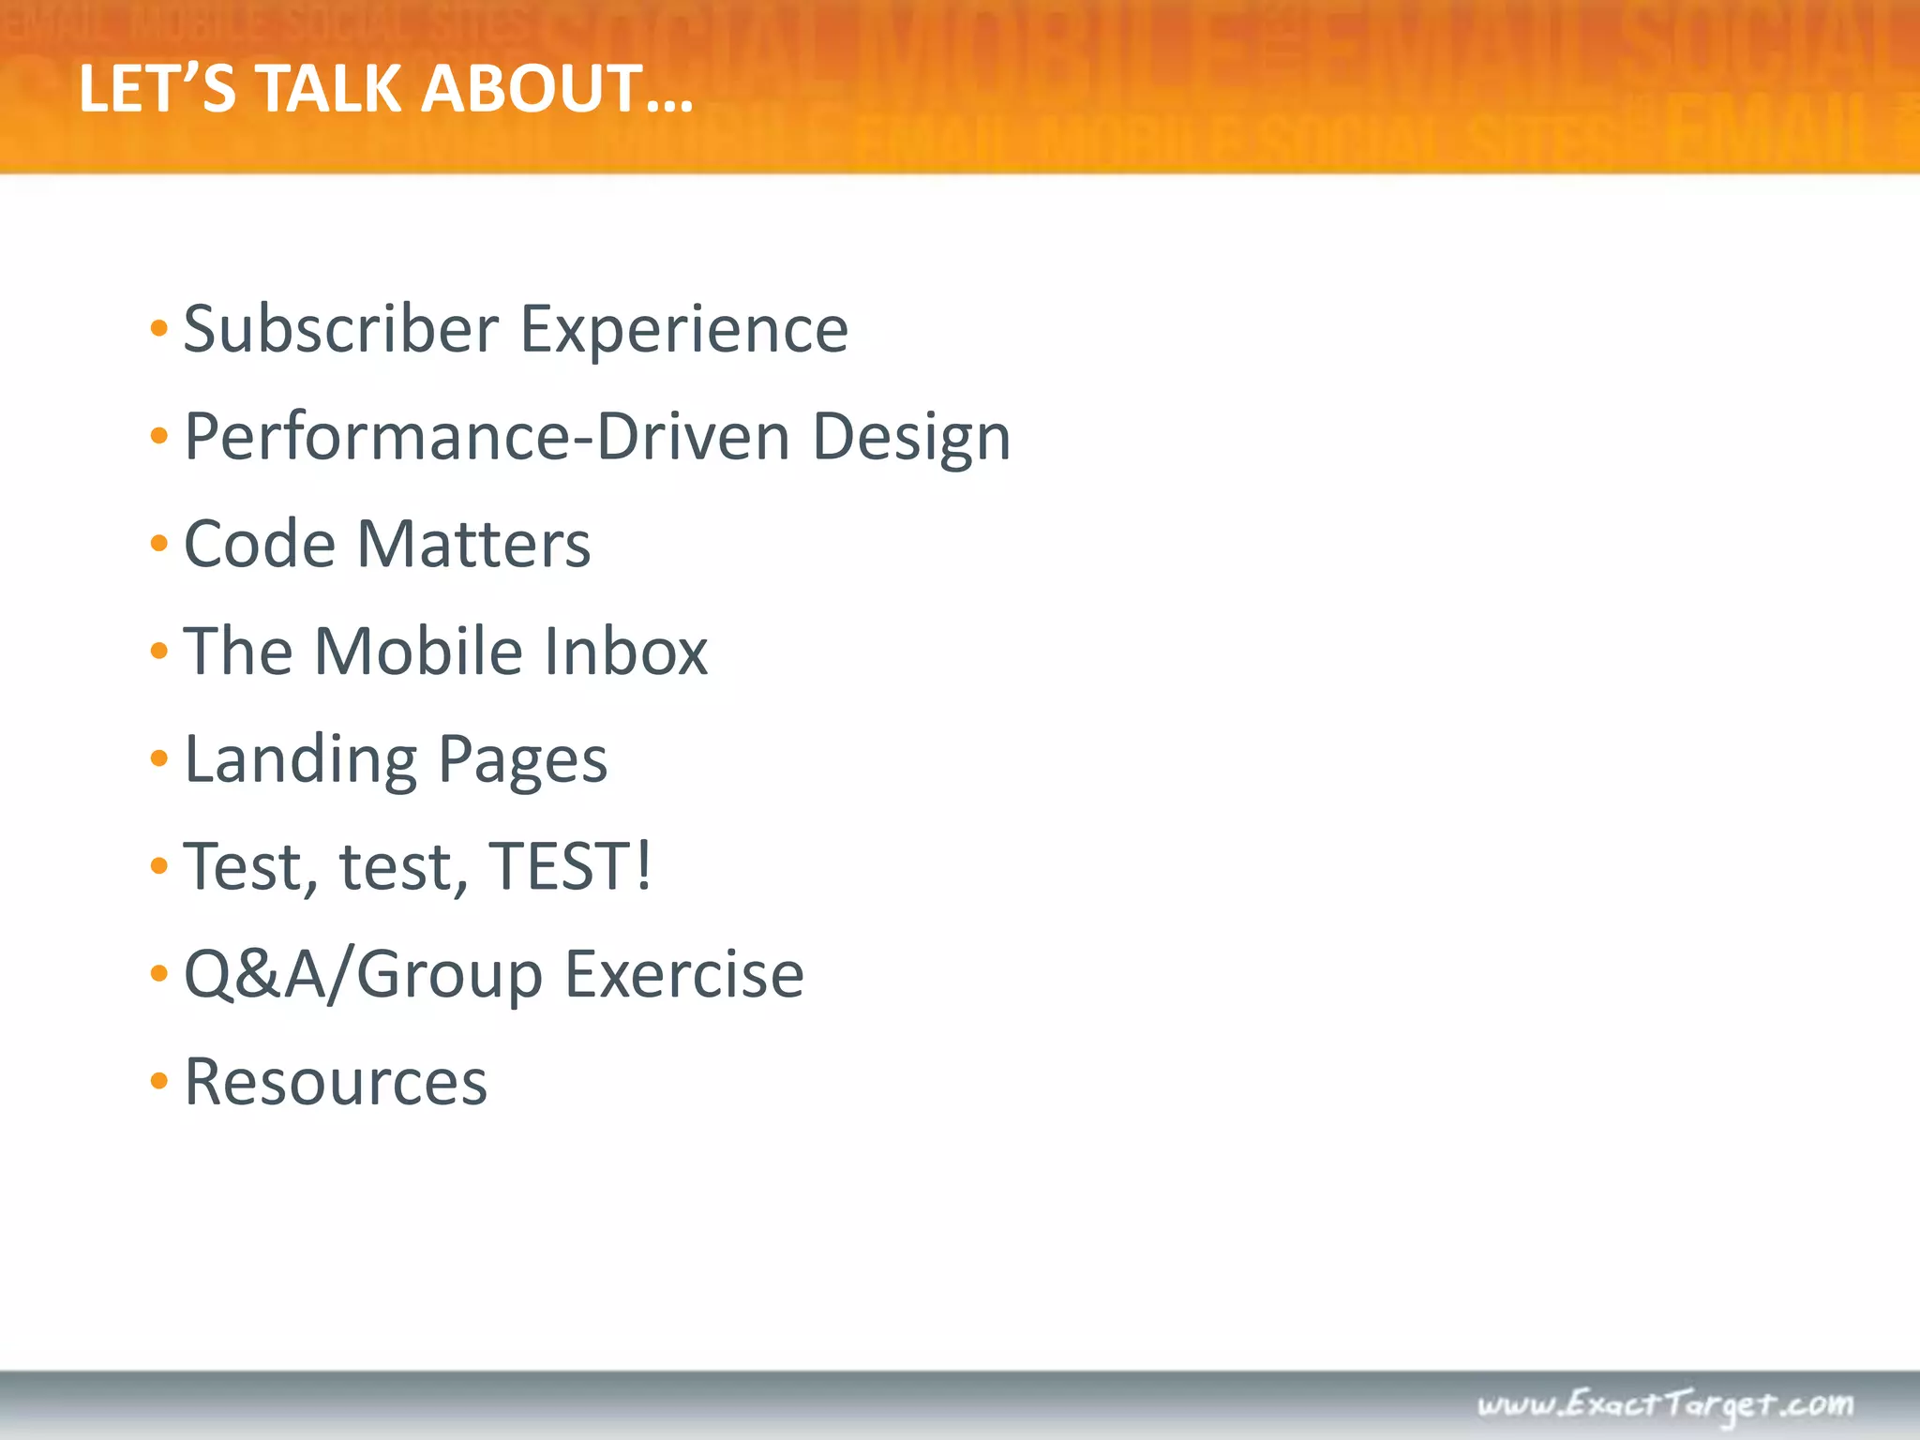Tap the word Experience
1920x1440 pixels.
click(684, 330)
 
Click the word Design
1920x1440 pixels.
click(911, 439)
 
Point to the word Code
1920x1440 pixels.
click(260, 544)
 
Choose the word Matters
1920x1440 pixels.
click(474, 544)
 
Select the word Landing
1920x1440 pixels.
click(301, 759)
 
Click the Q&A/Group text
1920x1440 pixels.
click(363, 975)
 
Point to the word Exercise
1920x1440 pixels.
click(684, 975)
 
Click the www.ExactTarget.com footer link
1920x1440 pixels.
click(1665, 1404)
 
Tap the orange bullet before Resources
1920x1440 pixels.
click(159, 1081)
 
